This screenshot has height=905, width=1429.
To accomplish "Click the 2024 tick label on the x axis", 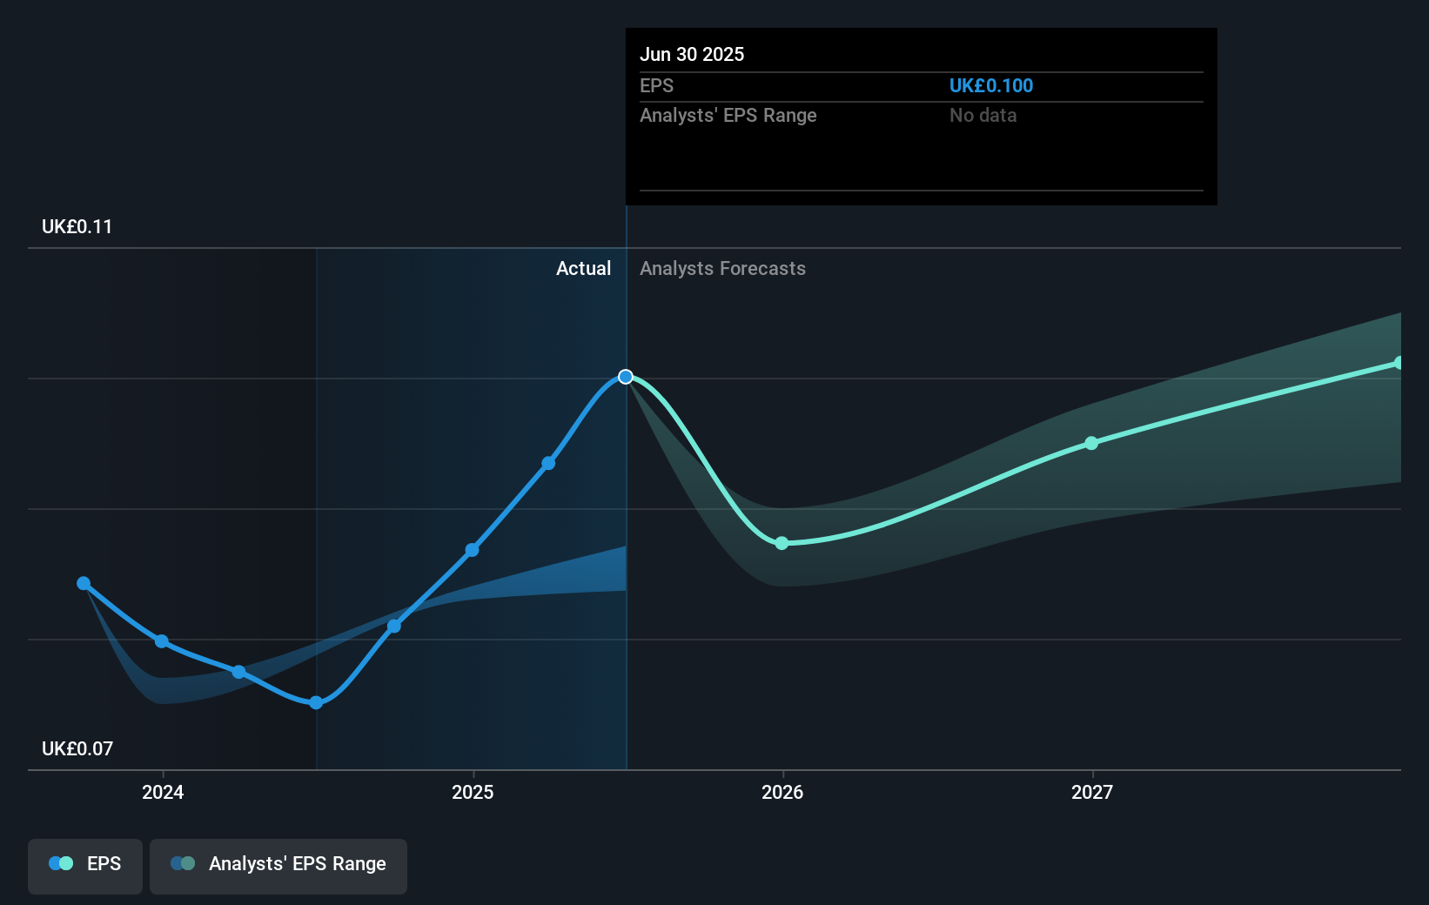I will coord(163,792).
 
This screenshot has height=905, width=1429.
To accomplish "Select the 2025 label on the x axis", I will coord(473,792).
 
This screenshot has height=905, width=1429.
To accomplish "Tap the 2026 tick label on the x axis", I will coord(782,792).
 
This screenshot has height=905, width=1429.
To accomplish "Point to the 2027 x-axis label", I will coord(1092,792).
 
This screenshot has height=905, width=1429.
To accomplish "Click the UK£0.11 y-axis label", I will coord(77,227).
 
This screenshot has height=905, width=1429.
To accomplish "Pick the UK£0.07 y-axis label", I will coord(77,749).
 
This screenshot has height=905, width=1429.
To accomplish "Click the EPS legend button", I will coord(85,864).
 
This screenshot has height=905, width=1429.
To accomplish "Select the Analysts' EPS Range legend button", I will coord(278,864).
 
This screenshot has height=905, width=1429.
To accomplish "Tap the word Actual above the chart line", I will coord(583,269).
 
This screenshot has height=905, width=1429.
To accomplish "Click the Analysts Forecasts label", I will coord(722,269).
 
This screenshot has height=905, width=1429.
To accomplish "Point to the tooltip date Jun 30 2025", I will coord(692,55).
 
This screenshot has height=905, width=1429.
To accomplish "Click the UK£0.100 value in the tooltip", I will coord(991,86).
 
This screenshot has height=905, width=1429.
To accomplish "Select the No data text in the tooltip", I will coord(983,116).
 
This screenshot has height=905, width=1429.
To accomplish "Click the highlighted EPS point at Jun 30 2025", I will coord(626,377).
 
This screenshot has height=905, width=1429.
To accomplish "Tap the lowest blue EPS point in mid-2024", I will coord(316,702).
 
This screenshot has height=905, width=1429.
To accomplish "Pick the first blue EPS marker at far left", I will coord(84,583).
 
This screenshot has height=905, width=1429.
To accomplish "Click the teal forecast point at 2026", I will coord(782,543).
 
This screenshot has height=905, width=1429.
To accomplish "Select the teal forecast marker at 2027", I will coord(1091,443).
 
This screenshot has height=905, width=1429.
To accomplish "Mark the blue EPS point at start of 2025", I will coord(472,550).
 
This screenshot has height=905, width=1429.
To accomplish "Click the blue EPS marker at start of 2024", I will coord(161,641).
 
